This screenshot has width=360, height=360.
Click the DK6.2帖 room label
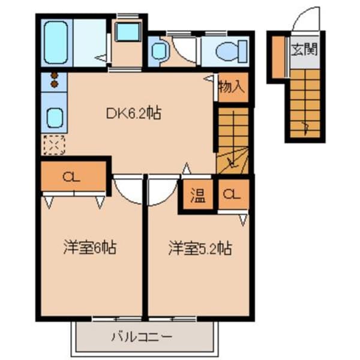pyautogui.click(x=133, y=113)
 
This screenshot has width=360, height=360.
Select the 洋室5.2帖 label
pyautogui.click(x=200, y=247)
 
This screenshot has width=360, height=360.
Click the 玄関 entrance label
pyautogui.click(x=304, y=50)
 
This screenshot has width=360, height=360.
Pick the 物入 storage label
pyautogui.click(x=232, y=86)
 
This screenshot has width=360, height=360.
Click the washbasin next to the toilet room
pyautogui.click(x=159, y=52)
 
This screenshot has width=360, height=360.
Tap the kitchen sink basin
pyautogui.click(x=54, y=116)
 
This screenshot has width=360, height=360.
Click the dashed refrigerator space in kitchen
pyautogui.click(x=54, y=145)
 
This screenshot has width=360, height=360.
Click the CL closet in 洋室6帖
pyautogui.click(x=72, y=176)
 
